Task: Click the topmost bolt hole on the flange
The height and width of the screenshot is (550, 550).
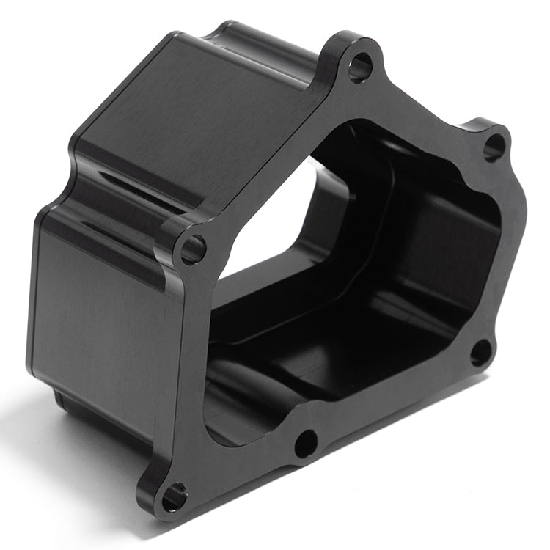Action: click(x=359, y=68)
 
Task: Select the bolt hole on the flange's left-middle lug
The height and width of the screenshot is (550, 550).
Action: click(x=193, y=250)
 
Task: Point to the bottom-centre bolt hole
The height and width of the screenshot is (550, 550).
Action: click(x=306, y=443)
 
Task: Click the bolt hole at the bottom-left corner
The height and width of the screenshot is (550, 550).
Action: click(x=174, y=496)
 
